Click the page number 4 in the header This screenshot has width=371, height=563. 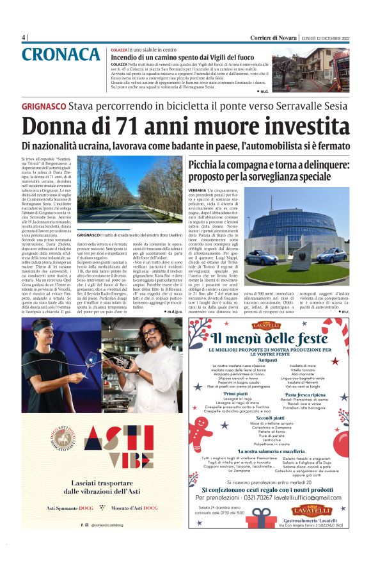click(x=24, y=37)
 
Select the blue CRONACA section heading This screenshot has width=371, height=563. click(x=61, y=55)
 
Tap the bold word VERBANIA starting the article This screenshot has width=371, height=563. click(x=197, y=191)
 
